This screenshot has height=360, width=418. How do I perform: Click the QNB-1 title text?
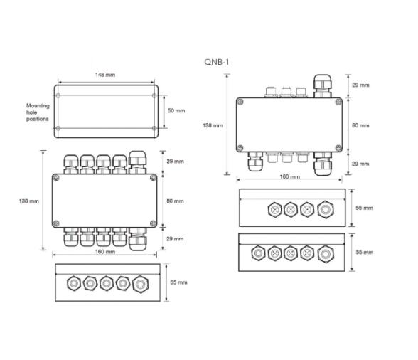pyautogui.click(x=217, y=63)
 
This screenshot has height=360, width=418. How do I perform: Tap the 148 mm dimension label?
pyautogui.click(x=105, y=75)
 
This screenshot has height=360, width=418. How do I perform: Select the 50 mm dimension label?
pyautogui.click(x=176, y=111)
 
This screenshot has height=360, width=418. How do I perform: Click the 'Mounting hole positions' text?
pyautogui.click(x=38, y=112)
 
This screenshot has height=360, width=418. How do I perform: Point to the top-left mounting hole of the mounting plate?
pyautogui.click(x=58, y=95)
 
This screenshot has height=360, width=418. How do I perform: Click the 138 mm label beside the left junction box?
pyautogui.click(x=28, y=201)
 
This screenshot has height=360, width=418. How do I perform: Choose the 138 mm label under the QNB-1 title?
pyautogui.click(x=213, y=125)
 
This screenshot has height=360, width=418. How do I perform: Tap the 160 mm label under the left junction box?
pyautogui.click(x=104, y=253)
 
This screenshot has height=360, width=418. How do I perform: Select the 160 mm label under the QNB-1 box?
pyautogui.click(x=289, y=176)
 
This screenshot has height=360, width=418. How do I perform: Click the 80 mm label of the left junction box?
pyautogui.click(x=174, y=201)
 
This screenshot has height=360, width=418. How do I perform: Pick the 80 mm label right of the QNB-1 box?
pyautogui.click(x=360, y=125)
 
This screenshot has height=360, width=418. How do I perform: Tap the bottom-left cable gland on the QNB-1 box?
pyautogui.click(x=254, y=163)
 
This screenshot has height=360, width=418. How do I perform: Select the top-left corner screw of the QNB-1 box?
pyautogui.click(x=240, y=102)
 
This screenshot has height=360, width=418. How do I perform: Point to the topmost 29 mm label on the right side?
pyautogui.click(x=360, y=85)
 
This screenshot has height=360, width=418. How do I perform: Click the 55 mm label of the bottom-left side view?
pyautogui.click(x=178, y=282)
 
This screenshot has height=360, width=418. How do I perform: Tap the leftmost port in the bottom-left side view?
pyautogui.click(x=73, y=283)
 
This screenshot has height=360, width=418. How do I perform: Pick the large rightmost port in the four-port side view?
pyautogui.click(x=326, y=210)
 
